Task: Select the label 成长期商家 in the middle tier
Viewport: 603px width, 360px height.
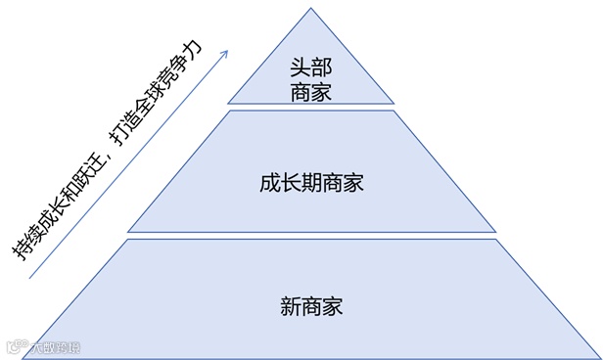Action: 305,182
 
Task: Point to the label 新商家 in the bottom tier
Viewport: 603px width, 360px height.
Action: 305,302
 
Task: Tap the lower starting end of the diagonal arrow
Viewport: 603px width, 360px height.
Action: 29,279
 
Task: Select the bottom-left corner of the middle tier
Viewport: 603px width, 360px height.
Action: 127,232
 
